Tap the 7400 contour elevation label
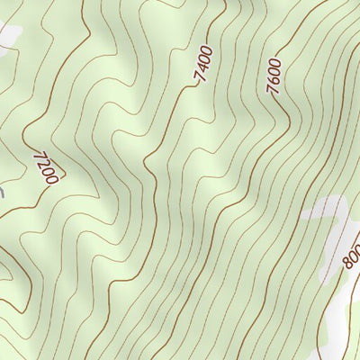tap(203, 66)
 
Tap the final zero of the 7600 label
tap(277, 62)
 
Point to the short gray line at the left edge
tap(2, 191)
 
